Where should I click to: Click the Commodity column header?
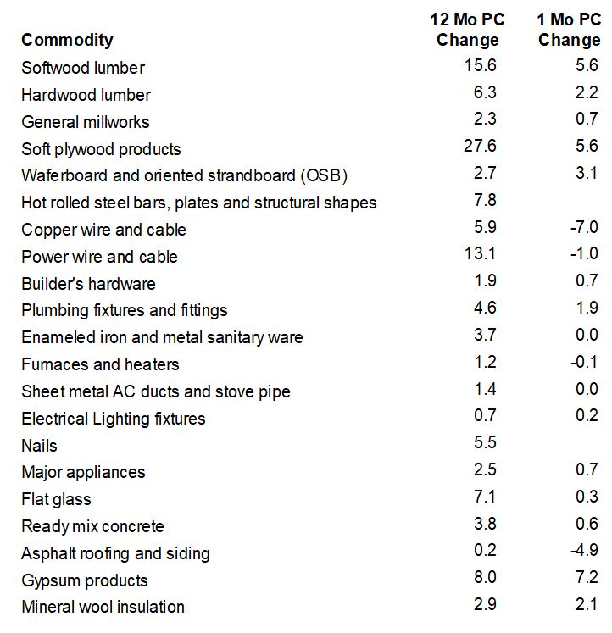pyautogui.click(x=67, y=40)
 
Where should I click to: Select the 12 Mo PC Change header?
pyautogui.click(x=467, y=30)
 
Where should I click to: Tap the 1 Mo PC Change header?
pyautogui.click(x=569, y=30)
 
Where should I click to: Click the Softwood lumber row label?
pyautogui.click(x=83, y=68)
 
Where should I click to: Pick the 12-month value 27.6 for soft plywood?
pyautogui.click(x=480, y=146)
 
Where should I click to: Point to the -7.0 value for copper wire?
pyautogui.click(x=584, y=227)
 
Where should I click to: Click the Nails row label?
pyautogui.click(x=39, y=446)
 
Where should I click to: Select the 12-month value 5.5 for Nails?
pyautogui.click(x=485, y=442)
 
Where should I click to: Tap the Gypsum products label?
pyautogui.click(x=85, y=581)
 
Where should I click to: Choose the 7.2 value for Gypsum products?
pyautogui.click(x=587, y=577)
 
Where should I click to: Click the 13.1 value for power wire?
pyautogui.click(x=480, y=253)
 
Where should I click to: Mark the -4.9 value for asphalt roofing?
pyautogui.click(x=584, y=550)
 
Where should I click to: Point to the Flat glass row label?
pyautogui.click(x=56, y=500)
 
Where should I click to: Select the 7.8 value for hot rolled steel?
pyautogui.click(x=485, y=200)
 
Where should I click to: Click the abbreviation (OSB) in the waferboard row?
pyautogui.click(x=324, y=176)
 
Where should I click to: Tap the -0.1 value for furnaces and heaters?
pyautogui.click(x=584, y=362)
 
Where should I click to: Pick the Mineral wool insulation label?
pyautogui.click(x=103, y=608)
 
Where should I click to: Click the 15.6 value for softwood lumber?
pyautogui.click(x=480, y=65)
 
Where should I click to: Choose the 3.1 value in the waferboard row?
pyautogui.click(x=587, y=173)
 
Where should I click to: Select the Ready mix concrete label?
pyautogui.click(x=93, y=526)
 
